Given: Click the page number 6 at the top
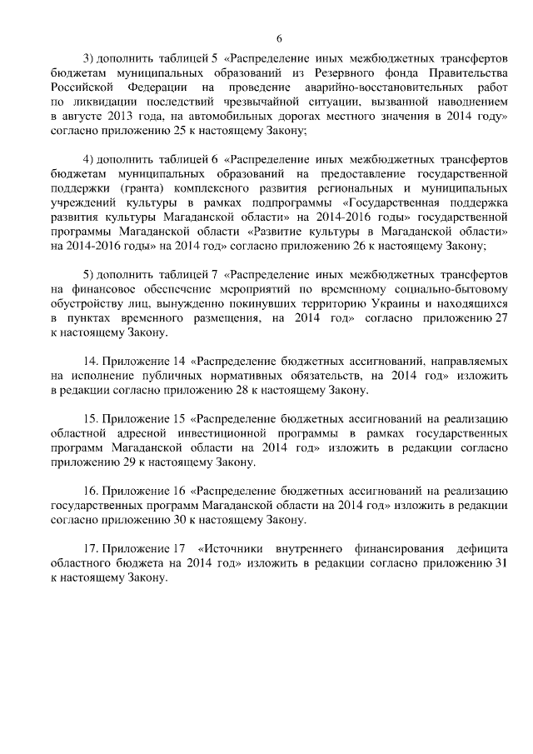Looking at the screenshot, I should click(279, 37).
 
